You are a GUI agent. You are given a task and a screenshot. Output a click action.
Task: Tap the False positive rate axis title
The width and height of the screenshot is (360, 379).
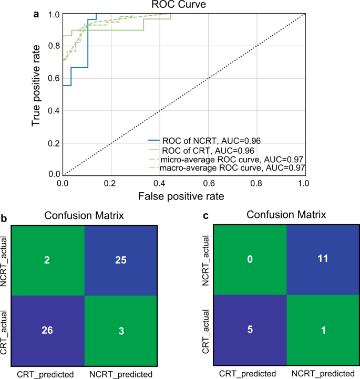tap(182, 197)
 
